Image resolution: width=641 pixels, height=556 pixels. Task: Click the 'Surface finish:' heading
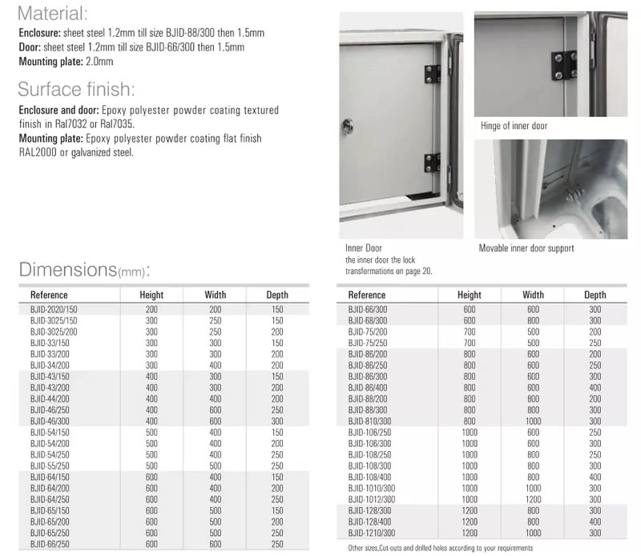click(x=76, y=89)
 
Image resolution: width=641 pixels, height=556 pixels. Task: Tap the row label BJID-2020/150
click(x=54, y=308)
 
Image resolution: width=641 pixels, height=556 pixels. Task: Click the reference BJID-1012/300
click(x=373, y=499)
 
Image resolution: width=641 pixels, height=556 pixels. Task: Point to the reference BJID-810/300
click(x=371, y=421)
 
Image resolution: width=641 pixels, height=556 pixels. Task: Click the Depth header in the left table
click(x=277, y=295)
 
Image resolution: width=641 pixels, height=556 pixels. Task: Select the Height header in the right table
click(x=470, y=295)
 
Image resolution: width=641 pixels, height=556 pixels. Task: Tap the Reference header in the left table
click(x=49, y=295)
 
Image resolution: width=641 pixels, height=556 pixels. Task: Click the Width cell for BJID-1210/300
click(x=533, y=533)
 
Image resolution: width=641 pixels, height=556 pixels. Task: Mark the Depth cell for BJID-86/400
click(x=595, y=387)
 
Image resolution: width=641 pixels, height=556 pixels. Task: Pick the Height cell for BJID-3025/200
click(x=151, y=331)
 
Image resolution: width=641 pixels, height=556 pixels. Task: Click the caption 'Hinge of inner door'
click(x=514, y=126)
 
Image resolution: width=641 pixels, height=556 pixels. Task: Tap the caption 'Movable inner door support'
click(x=526, y=248)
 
